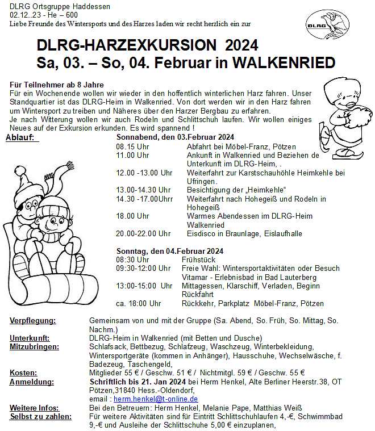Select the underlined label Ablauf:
click(22, 137)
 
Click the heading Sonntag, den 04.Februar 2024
click(170, 250)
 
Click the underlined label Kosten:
click(23, 373)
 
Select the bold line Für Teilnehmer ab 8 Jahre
click(56, 84)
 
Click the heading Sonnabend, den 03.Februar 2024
click(175, 137)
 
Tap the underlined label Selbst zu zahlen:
click(40, 416)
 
